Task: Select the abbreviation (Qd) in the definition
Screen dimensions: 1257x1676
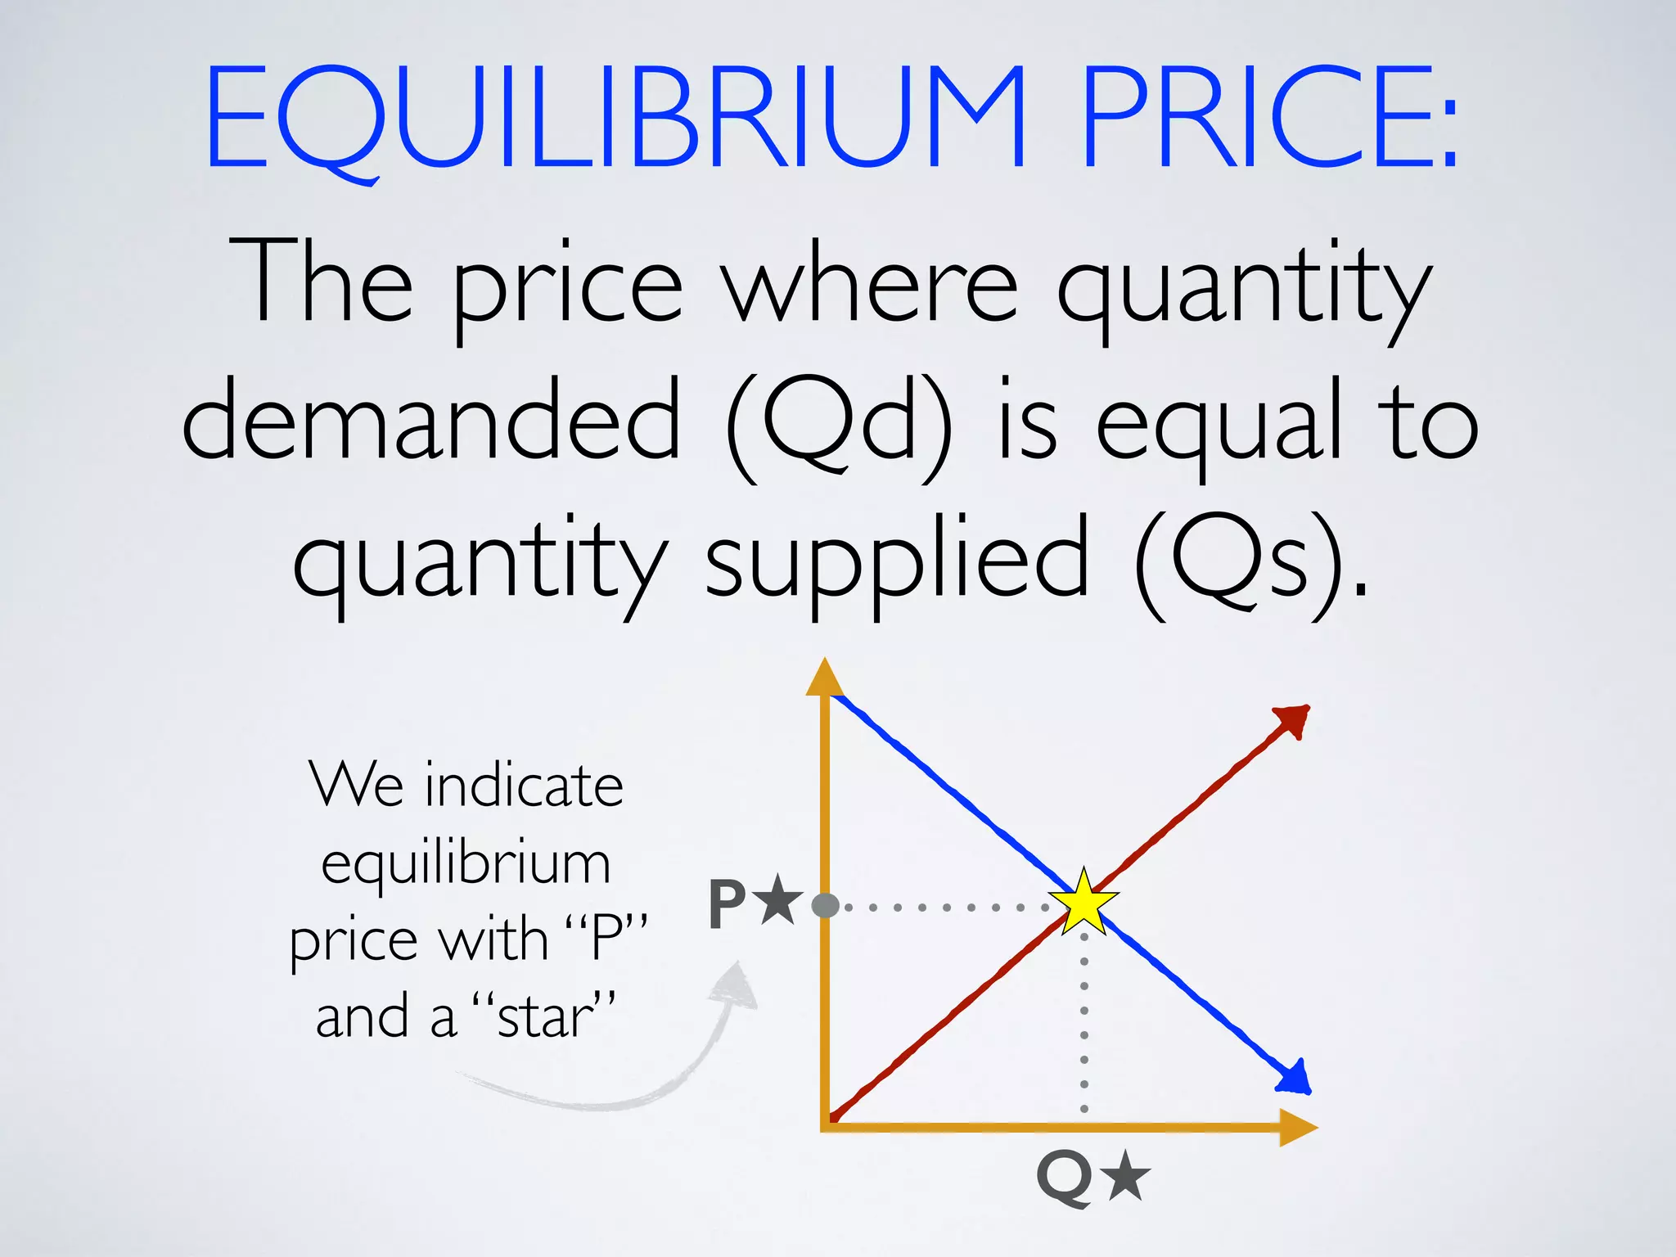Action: [x=839, y=426]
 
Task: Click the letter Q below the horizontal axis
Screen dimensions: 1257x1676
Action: [x=1065, y=1178]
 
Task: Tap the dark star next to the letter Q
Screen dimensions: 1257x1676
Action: [x=1126, y=1175]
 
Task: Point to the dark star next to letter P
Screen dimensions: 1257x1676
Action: [x=777, y=899]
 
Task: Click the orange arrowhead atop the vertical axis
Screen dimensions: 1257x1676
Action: [x=825, y=678]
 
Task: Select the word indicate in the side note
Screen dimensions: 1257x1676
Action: [x=524, y=786]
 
